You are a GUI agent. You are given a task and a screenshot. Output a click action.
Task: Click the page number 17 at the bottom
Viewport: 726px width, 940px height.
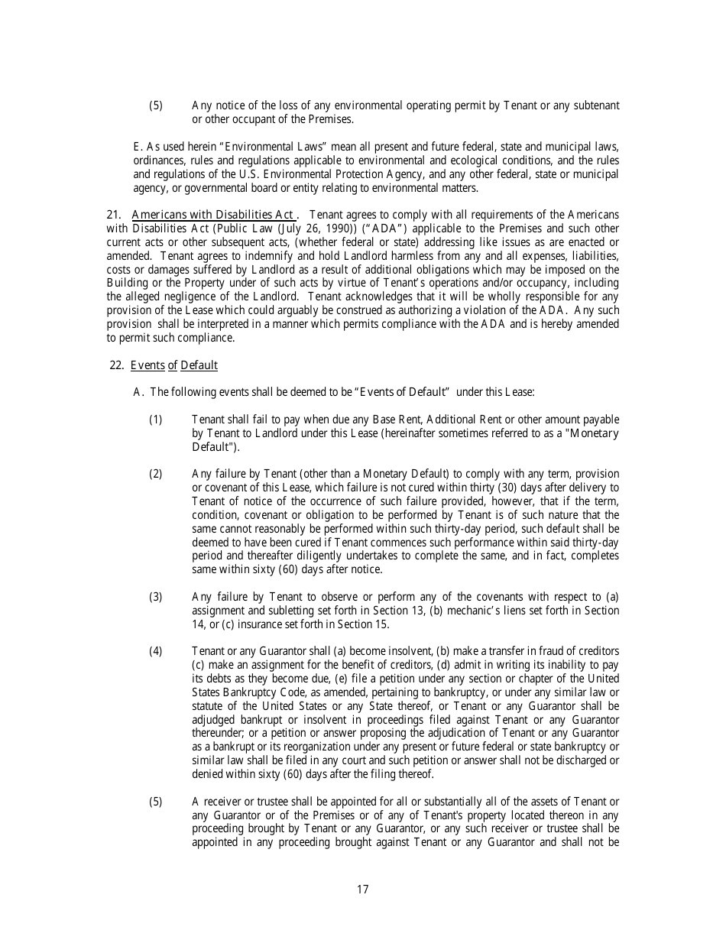coord(362,889)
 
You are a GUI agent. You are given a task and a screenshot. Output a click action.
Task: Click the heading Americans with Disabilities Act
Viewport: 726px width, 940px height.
coord(213,215)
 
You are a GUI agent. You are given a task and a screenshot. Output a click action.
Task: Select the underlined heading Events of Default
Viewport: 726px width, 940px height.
coord(174,365)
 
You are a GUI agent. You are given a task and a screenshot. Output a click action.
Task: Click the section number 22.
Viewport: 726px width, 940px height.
coord(117,365)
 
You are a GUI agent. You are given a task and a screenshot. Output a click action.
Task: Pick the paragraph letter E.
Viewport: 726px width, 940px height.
coord(138,146)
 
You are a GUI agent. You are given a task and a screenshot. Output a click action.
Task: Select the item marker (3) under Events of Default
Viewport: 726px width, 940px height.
coord(156,596)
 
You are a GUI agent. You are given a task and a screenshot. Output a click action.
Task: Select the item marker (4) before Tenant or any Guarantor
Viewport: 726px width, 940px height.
coord(156,651)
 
